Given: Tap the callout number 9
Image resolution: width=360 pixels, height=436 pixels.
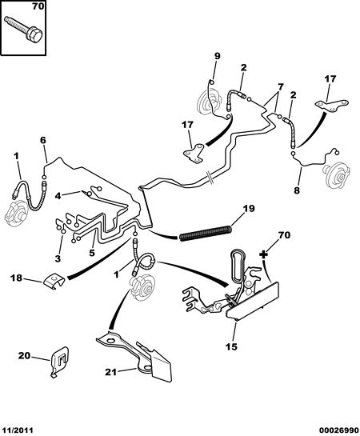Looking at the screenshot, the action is coord(217,56).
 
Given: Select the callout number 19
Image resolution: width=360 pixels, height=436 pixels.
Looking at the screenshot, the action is coord(249,208).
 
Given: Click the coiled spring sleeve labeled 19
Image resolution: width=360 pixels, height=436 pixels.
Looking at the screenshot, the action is coord(206,233).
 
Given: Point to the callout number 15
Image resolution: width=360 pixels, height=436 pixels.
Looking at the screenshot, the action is coord(231,346).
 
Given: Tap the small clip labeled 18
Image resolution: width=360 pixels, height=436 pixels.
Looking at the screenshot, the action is coord(54,281).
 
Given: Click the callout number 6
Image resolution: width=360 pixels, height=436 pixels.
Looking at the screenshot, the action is coord(43,140).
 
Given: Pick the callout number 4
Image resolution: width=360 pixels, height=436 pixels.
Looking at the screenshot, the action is coord(58,196).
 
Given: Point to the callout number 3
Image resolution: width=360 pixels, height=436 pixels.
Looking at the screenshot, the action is coord(58,258).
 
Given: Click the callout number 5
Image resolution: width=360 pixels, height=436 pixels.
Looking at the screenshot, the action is coord(92,253).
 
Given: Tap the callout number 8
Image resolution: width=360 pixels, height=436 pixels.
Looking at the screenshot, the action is coord(297,190).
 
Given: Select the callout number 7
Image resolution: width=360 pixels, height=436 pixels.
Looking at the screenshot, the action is coord(280,87).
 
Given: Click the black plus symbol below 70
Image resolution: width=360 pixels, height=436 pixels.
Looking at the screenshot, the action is coord(263,254).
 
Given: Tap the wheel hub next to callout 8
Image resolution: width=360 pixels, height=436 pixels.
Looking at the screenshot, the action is coord(336,175).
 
